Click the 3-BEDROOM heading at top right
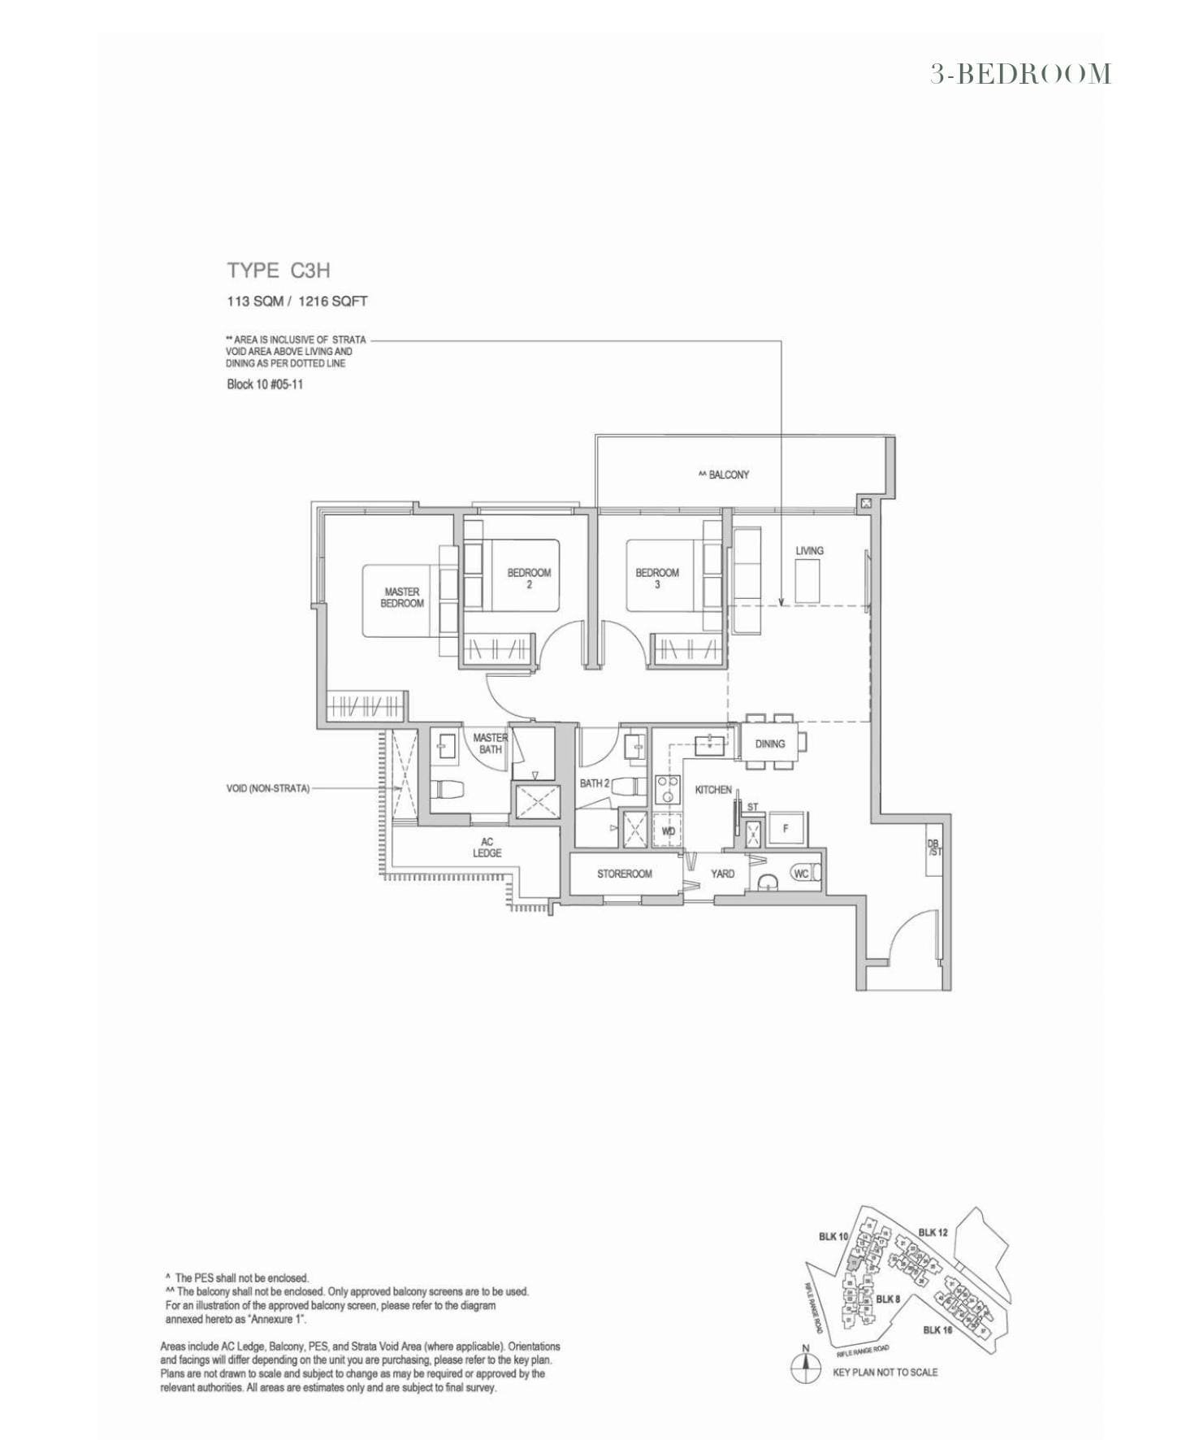tap(1020, 74)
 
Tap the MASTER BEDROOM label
tap(402, 597)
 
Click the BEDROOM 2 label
tap(529, 578)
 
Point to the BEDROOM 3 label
tap(657, 578)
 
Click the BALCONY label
tap(723, 475)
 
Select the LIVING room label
tap(809, 550)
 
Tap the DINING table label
tap(769, 744)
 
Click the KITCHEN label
tap(712, 789)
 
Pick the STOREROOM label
tap(624, 874)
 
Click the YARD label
tap(722, 874)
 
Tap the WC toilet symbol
tap(802, 874)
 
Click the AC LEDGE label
tap(487, 847)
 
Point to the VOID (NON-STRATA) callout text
tap(267, 788)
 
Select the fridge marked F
tap(786, 829)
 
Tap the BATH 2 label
tap(594, 783)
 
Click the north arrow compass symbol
tap(805, 1370)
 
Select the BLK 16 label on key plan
tap(937, 1329)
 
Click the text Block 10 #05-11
tap(265, 384)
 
